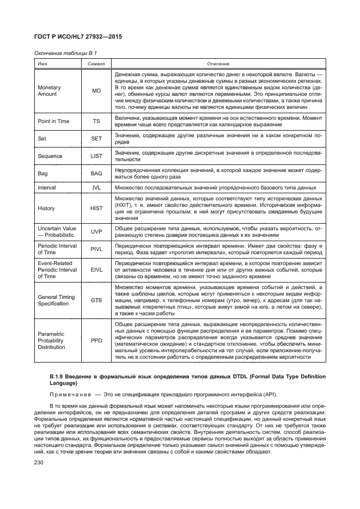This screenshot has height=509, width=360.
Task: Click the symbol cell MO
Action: [x=96, y=91]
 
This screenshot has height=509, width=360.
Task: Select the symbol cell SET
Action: [x=96, y=139]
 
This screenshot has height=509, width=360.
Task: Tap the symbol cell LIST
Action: [x=96, y=156]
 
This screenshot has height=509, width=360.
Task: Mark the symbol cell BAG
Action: [x=96, y=173]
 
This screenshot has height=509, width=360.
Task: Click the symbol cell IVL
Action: [x=96, y=187]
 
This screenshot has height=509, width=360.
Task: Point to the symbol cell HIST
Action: [x=96, y=208]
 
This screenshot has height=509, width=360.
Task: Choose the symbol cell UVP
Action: [x=96, y=231]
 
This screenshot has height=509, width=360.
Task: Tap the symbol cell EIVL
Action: [x=96, y=269]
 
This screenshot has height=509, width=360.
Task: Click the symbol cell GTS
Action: [x=96, y=300]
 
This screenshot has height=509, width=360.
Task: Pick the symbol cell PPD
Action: [x=96, y=340]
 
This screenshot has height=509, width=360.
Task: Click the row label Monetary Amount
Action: [x=49, y=91]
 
